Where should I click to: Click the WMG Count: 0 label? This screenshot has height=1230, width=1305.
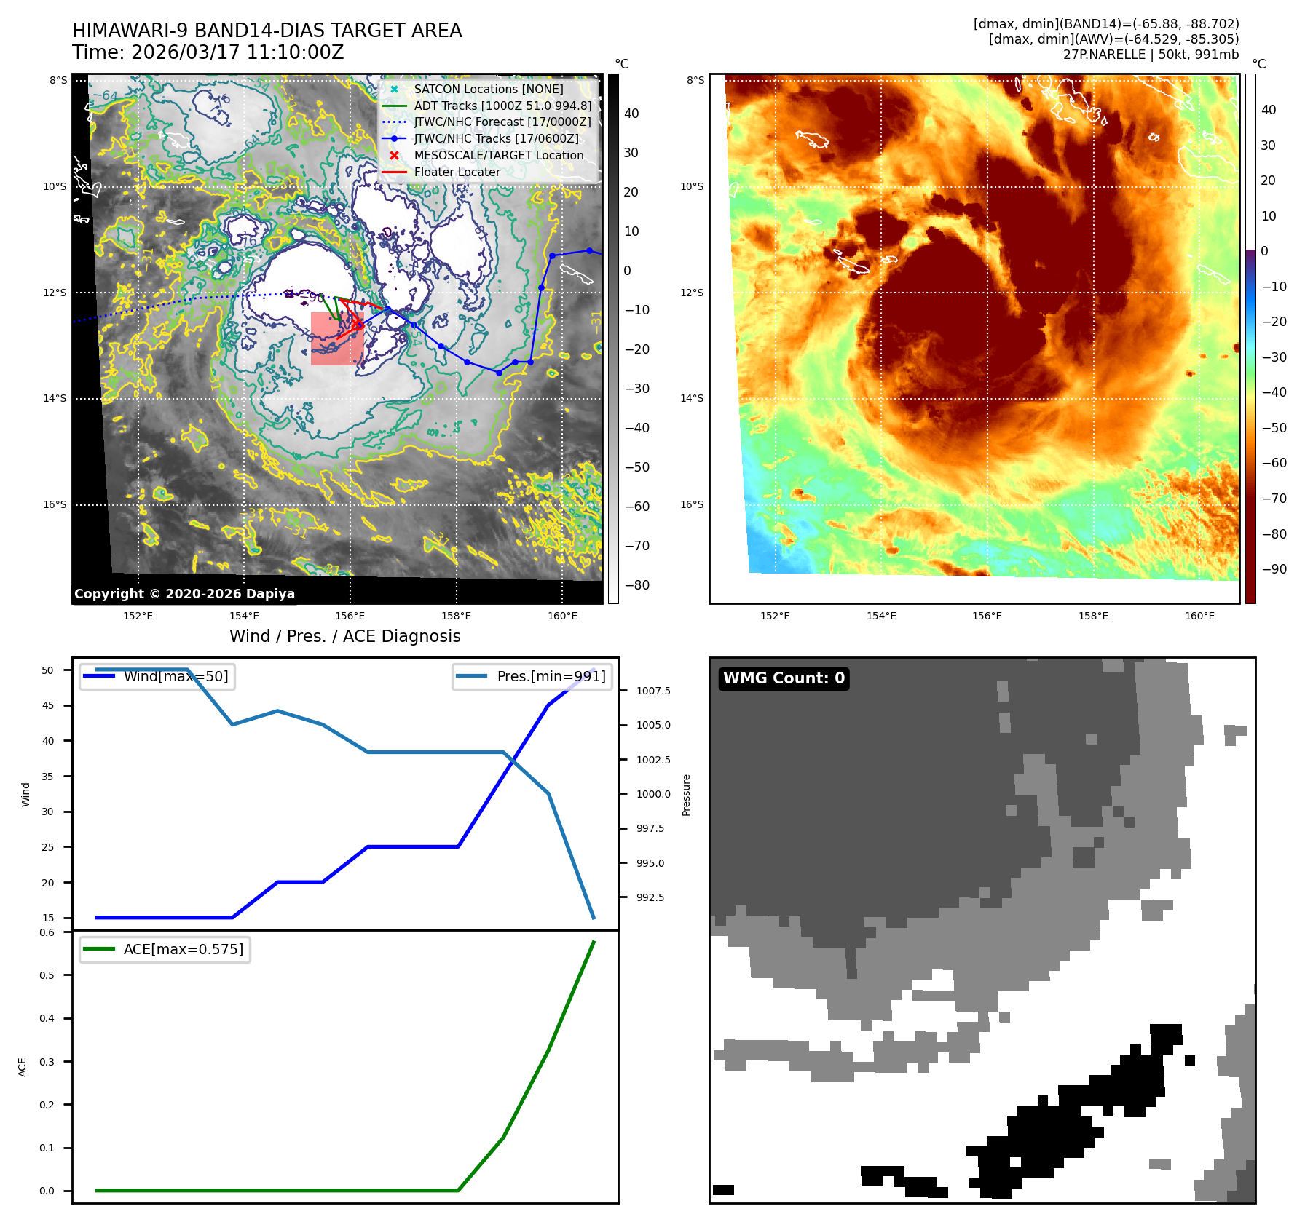(x=784, y=678)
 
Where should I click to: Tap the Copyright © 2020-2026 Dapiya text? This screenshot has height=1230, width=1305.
(x=184, y=594)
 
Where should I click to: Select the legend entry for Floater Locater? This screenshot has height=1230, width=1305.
(x=457, y=172)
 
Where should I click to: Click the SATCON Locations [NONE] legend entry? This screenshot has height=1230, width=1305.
(x=488, y=89)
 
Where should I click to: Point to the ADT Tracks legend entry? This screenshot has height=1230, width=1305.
(x=502, y=106)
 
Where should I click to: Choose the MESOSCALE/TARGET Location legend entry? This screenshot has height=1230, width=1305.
(x=498, y=155)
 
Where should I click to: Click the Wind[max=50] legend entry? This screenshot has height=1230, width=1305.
(x=176, y=676)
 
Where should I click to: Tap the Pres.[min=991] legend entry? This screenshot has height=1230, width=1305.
(x=551, y=676)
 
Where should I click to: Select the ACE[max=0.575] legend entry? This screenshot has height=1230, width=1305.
(x=183, y=949)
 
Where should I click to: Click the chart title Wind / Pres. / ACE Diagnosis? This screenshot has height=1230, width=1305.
(x=344, y=636)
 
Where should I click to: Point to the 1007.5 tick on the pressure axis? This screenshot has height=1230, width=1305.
(x=653, y=691)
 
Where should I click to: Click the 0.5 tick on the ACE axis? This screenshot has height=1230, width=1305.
(x=47, y=975)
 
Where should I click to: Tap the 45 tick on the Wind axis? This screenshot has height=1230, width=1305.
(x=48, y=705)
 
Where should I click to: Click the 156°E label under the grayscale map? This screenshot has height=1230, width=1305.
(x=350, y=616)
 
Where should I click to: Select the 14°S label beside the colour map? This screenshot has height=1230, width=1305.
(x=692, y=398)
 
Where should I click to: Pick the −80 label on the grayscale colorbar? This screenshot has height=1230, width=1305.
(x=636, y=585)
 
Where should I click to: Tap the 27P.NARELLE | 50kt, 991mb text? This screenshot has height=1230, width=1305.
(x=1150, y=55)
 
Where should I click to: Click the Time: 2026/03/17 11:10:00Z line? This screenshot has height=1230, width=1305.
(x=208, y=52)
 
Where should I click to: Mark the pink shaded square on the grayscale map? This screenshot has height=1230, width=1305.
(x=336, y=338)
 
